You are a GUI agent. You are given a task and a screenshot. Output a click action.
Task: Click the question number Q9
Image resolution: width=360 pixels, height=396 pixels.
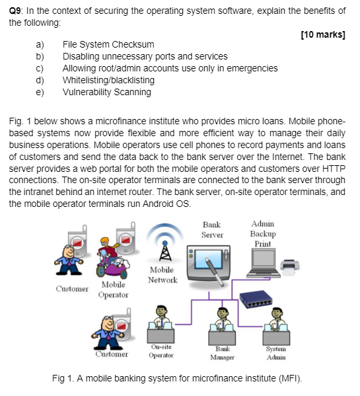[17, 11]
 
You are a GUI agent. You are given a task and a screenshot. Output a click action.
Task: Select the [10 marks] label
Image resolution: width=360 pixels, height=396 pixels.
[323, 34]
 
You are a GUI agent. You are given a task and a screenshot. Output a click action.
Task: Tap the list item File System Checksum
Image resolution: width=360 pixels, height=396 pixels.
[108, 44]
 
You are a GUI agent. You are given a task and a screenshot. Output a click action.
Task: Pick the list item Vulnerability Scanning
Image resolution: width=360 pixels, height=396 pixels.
[106, 92]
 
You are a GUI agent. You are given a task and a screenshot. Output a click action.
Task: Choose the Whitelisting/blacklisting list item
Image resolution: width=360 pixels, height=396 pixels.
[108, 80]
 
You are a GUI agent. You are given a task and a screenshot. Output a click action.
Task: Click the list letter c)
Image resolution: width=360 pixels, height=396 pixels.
[40, 68]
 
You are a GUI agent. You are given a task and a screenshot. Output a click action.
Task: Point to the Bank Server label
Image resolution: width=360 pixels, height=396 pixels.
[212, 229]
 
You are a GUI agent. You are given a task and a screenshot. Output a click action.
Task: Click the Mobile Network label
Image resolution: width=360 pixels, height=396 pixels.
[162, 275]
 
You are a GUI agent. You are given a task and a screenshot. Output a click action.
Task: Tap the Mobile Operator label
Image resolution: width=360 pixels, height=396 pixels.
[114, 290]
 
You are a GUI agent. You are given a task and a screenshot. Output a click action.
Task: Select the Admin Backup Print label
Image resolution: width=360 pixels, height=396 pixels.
[262, 234]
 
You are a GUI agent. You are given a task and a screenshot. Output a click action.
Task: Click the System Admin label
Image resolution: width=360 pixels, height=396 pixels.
[275, 352]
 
